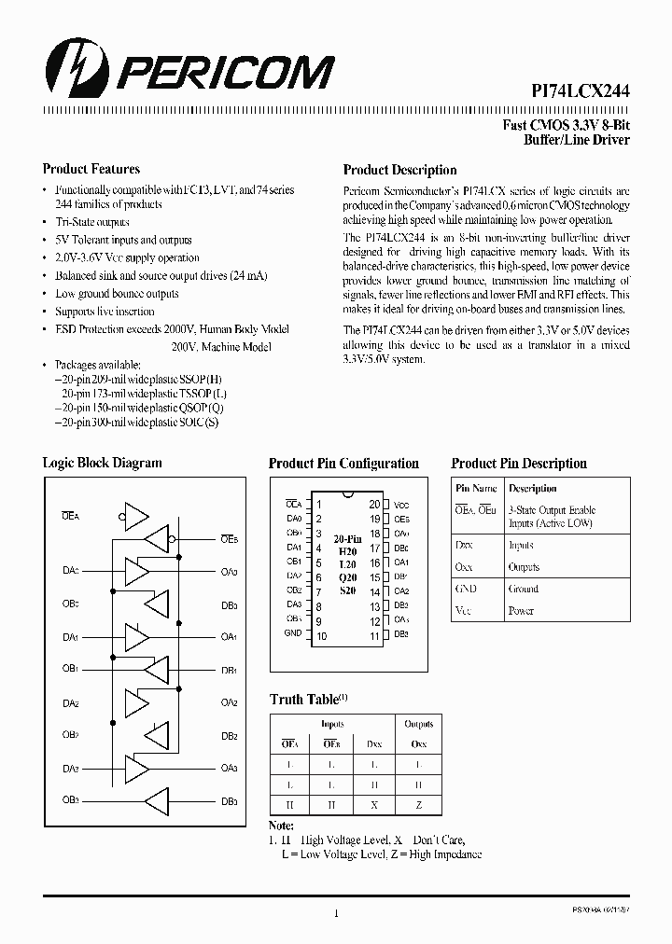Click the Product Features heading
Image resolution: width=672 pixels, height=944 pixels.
click(x=91, y=169)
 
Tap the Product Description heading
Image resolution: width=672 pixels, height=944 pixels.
click(x=399, y=170)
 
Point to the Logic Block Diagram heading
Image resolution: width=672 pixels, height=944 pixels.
click(x=102, y=463)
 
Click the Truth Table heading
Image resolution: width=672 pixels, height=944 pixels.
click(x=304, y=699)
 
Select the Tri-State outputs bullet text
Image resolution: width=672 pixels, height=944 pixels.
click(x=92, y=222)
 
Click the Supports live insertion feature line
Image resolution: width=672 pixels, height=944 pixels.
click(x=105, y=312)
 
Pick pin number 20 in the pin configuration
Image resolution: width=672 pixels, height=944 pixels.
click(x=374, y=503)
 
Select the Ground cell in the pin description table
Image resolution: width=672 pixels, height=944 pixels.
click(x=524, y=589)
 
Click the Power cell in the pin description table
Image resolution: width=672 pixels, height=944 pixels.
click(x=522, y=611)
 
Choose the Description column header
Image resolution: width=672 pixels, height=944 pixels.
click(x=533, y=488)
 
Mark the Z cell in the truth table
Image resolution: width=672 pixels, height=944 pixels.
click(x=418, y=803)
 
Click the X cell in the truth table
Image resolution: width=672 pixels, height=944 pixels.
click(x=375, y=803)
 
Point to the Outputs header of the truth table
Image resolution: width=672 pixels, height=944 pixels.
click(x=418, y=724)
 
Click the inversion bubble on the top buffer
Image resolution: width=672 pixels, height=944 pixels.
click(x=120, y=514)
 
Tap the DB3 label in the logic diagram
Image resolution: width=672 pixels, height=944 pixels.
click(x=229, y=800)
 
